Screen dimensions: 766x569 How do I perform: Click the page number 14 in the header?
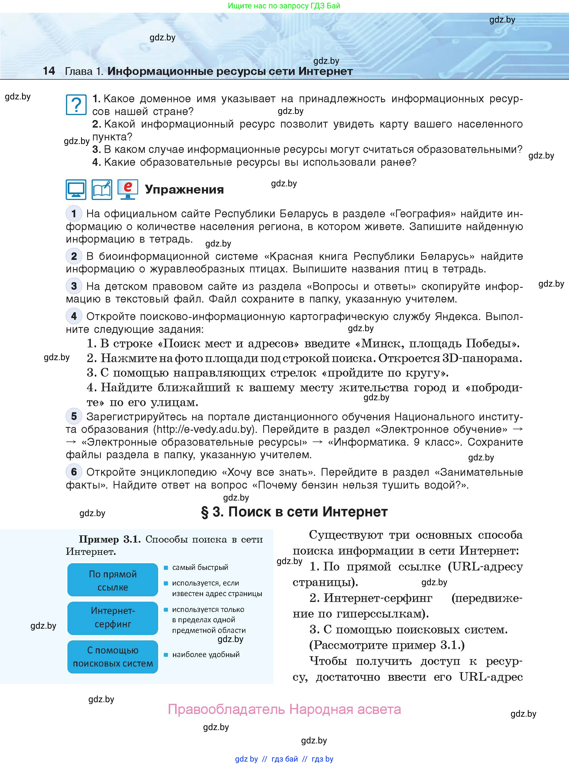pos(49,71)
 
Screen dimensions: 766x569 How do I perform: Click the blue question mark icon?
pos(76,105)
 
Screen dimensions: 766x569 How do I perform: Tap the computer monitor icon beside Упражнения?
pos(76,189)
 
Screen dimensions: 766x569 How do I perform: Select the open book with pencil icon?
pos(102,189)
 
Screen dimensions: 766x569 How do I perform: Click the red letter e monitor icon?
pos(128,189)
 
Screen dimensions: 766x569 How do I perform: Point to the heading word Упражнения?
pos(184,189)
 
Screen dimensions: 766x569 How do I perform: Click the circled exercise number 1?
pos(74,214)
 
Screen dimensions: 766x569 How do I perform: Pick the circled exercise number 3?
pos(74,286)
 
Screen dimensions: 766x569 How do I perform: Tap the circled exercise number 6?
pos(74,472)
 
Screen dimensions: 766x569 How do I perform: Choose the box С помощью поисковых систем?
pos(113,657)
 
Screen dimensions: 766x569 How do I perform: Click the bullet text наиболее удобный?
pos(206,654)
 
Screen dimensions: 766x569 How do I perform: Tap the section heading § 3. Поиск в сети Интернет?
pos(294,512)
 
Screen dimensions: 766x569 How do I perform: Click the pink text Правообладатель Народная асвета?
pos(284,709)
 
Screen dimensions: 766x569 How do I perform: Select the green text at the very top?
pos(284,6)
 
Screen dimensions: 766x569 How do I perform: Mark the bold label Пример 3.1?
pos(109,539)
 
